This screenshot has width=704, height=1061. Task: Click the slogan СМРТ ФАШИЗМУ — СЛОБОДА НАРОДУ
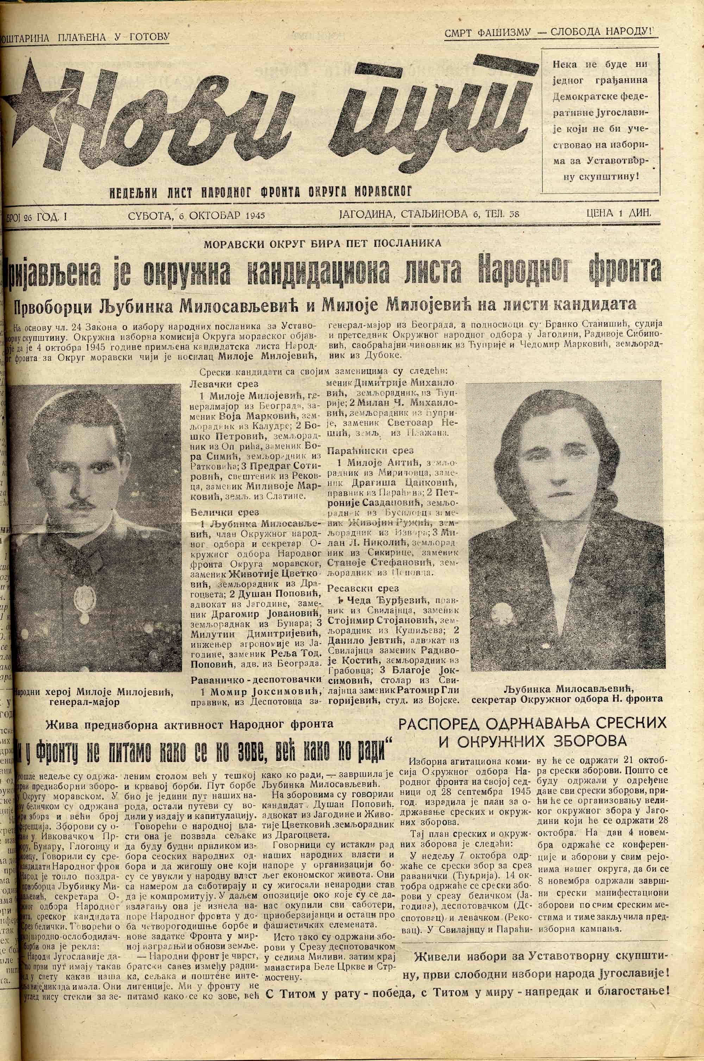tap(549, 33)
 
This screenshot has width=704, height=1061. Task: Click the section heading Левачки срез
tap(218, 385)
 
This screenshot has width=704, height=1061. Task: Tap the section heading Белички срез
tap(218, 512)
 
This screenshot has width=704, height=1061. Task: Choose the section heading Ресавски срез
tap(357, 588)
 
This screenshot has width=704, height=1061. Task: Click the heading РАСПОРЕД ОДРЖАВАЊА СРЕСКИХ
tap(533, 724)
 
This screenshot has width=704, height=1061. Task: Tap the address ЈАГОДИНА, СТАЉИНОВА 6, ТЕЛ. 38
tap(429, 214)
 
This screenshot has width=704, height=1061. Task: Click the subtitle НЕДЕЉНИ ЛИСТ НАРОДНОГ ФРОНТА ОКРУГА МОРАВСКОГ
tap(260, 192)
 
